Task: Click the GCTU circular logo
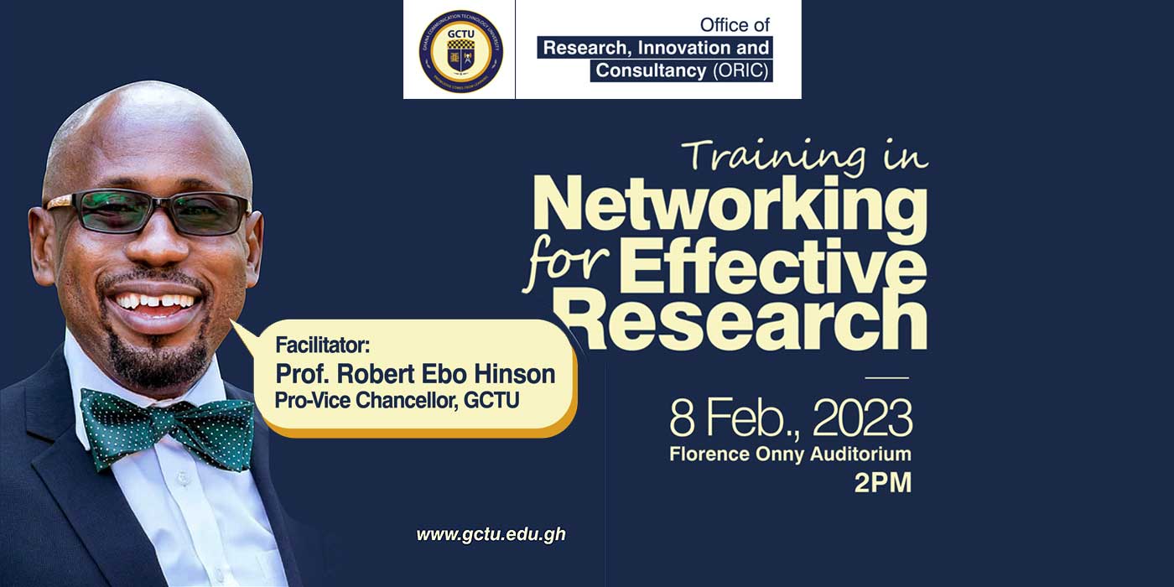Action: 460,51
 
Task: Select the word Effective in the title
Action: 773,268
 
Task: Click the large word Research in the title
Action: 745,320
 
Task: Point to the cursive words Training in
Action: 808,156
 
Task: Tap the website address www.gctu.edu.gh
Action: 491,535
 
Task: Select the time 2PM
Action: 883,483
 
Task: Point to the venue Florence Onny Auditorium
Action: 790,454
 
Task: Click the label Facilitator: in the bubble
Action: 323,345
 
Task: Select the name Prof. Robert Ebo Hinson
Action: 415,374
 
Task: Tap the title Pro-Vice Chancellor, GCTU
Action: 397,401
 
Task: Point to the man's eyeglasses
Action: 149,211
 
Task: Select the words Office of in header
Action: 735,24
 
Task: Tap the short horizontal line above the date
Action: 887,377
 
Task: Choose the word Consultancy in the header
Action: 651,70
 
